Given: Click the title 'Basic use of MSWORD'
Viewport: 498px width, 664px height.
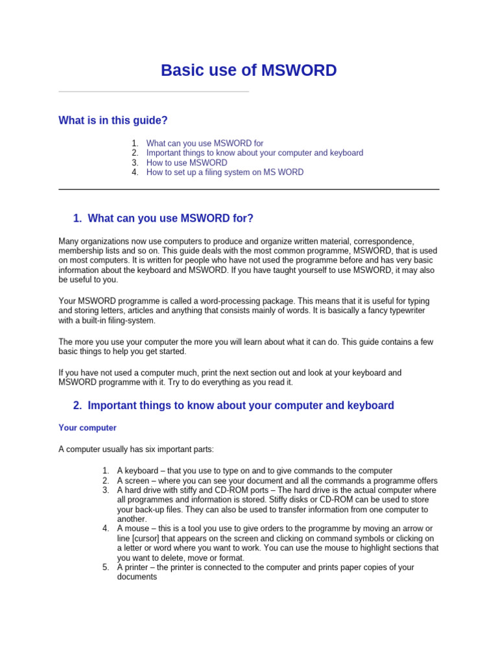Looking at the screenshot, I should click(x=248, y=71).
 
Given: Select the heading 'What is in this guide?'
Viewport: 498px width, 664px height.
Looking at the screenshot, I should click(x=113, y=121).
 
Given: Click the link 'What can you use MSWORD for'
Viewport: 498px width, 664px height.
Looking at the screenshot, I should click(x=205, y=143).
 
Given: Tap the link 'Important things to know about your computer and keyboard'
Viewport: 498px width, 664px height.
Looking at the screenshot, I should click(x=254, y=153).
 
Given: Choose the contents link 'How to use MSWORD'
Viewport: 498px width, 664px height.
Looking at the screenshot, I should click(x=187, y=163).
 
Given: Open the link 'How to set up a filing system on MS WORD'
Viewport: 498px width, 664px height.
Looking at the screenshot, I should click(x=224, y=172).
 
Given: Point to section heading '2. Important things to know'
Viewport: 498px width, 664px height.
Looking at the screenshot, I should click(x=233, y=406).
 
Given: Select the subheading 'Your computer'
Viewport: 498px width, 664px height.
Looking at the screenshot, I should click(x=88, y=428).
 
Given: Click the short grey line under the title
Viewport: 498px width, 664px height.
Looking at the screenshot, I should click(x=154, y=92).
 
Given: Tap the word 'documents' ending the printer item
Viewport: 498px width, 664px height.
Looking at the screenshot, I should click(x=137, y=577).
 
